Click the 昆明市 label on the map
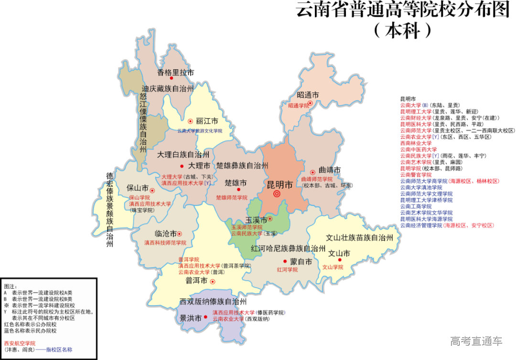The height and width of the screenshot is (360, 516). click(279, 185)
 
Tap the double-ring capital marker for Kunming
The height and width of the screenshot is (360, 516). click(276, 194)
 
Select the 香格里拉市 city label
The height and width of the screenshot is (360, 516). click(176, 73)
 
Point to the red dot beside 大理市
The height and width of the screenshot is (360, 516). click(182, 166)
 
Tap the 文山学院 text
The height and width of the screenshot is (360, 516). click(333, 267)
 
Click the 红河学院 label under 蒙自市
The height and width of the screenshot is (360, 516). click(287, 270)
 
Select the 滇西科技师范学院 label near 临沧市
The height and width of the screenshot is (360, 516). click(165, 243)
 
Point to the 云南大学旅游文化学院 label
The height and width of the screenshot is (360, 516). click(200, 130)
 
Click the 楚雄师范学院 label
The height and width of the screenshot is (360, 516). click(234, 197)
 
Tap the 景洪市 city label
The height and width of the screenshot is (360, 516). click(191, 317)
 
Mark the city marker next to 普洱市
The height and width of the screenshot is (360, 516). click(213, 282)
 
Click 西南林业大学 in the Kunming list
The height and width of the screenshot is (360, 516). click(416, 143)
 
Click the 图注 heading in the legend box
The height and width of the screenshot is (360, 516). click(10, 286)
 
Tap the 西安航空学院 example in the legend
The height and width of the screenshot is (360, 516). click(20, 343)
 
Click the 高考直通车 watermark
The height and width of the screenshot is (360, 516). click(476, 341)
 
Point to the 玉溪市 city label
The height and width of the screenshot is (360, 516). click(256, 219)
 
